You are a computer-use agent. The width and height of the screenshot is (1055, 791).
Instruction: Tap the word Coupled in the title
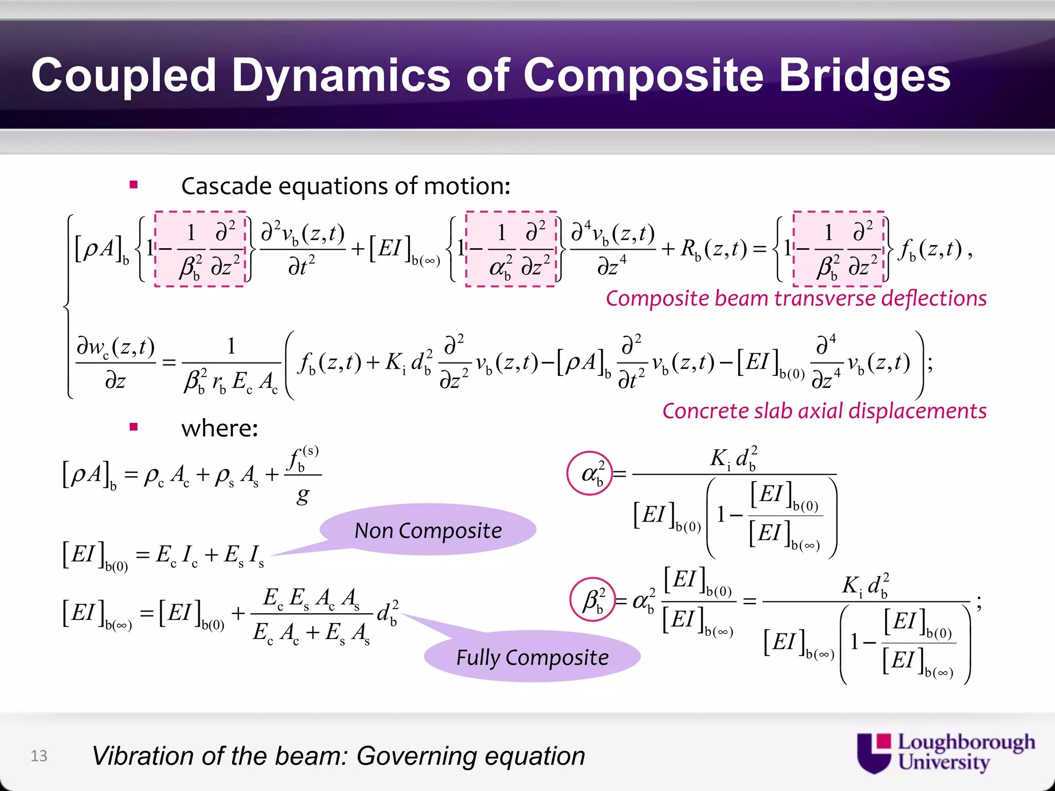point(124,76)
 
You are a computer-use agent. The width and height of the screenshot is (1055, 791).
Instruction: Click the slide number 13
point(39,755)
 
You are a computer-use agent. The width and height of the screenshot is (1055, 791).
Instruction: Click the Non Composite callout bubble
point(428,530)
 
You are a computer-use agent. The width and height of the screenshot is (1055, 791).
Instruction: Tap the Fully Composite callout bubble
point(532,657)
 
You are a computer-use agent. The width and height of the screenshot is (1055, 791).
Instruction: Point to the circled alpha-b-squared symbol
point(590,473)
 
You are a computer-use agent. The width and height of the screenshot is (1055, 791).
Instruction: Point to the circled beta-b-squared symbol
point(593,600)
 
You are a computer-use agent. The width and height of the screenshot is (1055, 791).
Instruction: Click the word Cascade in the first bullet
point(226,186)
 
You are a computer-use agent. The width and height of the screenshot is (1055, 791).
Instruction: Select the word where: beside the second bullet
point(219,428)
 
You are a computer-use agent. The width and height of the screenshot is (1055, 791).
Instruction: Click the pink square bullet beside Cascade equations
point(134,184)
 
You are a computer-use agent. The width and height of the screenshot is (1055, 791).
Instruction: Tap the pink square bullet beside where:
point(134,426)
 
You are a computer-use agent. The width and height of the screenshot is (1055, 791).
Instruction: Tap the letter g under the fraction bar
point(303,496)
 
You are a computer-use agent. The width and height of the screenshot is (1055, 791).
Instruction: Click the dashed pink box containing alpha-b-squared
point(511,249)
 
